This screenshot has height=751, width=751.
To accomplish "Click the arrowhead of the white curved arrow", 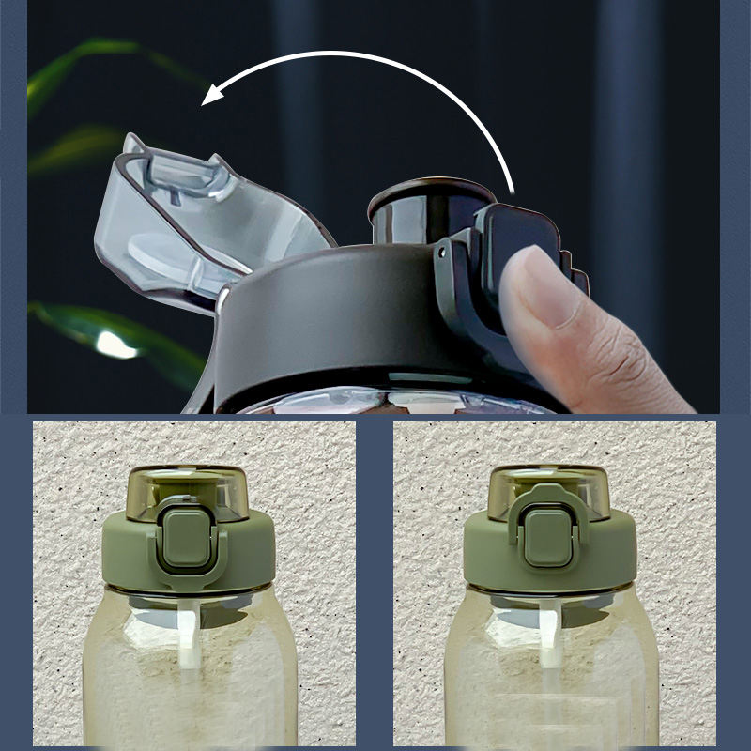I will [x=214, y=95].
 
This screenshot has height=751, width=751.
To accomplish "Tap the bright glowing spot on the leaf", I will [x=115, y=345].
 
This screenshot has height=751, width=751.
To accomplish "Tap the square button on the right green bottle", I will [x=546, y=537].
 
